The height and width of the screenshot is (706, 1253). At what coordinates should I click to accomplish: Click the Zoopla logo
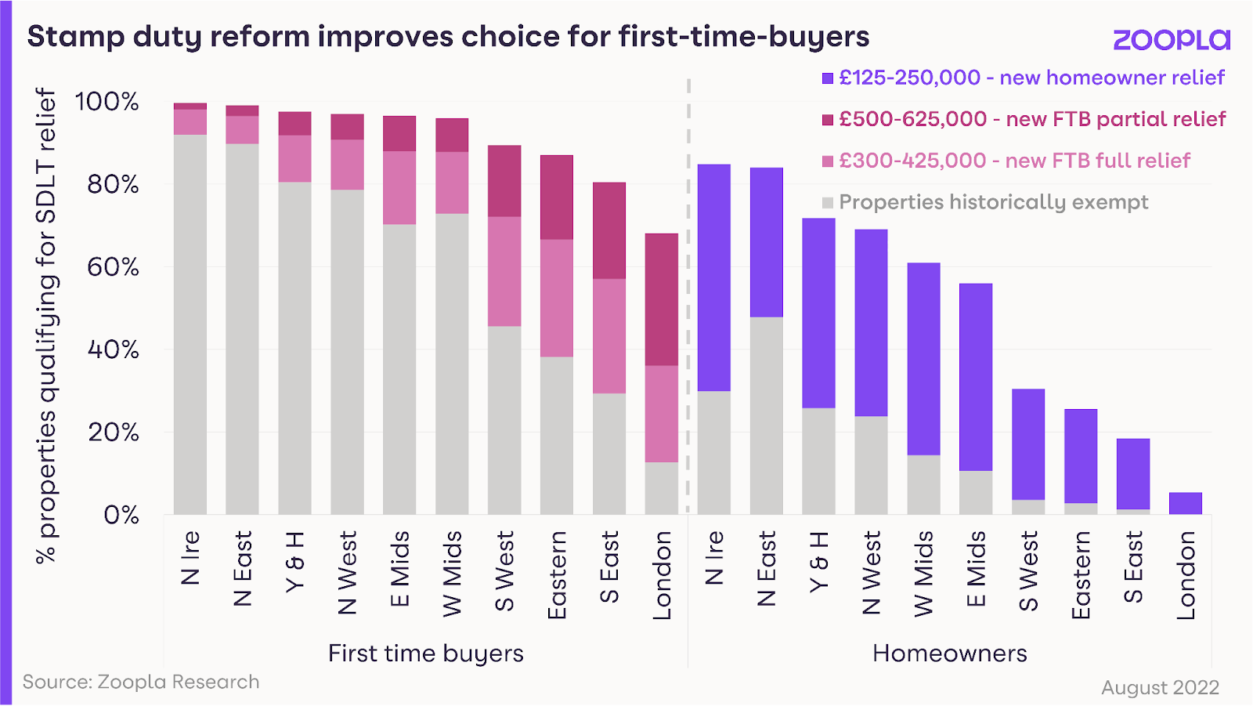(1171, 39)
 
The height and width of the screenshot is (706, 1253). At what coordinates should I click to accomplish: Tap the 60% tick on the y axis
(113, 267)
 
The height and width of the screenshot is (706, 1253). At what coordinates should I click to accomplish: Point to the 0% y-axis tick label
(121, 515)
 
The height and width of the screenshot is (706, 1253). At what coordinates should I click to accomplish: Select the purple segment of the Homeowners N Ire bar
(713, 277)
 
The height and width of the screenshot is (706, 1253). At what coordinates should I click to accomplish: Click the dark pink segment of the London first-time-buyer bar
(662, 299)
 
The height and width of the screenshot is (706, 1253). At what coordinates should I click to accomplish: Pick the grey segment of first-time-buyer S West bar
(504, 420)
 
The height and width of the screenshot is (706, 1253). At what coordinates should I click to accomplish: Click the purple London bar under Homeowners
(1185, 503)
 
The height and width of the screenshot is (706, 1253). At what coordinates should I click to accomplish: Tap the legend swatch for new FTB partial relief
(828, 120)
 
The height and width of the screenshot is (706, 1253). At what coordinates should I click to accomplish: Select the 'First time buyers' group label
(425, 653)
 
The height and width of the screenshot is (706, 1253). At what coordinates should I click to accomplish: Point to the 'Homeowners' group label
(949, 653)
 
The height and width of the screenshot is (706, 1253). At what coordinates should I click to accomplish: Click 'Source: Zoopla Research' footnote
(141, 682)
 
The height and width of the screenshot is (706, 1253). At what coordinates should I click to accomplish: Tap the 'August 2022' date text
(1160, 687)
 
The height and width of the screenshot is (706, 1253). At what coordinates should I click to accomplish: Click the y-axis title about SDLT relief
(46, 325)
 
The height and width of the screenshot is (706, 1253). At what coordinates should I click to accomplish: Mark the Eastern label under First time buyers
(557, 575)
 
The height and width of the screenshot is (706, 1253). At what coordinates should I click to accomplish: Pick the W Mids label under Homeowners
(923, 574)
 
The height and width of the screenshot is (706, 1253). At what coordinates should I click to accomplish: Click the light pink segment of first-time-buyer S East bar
(609, 336)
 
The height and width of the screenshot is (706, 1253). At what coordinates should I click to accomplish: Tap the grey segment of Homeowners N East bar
(766, 415)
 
